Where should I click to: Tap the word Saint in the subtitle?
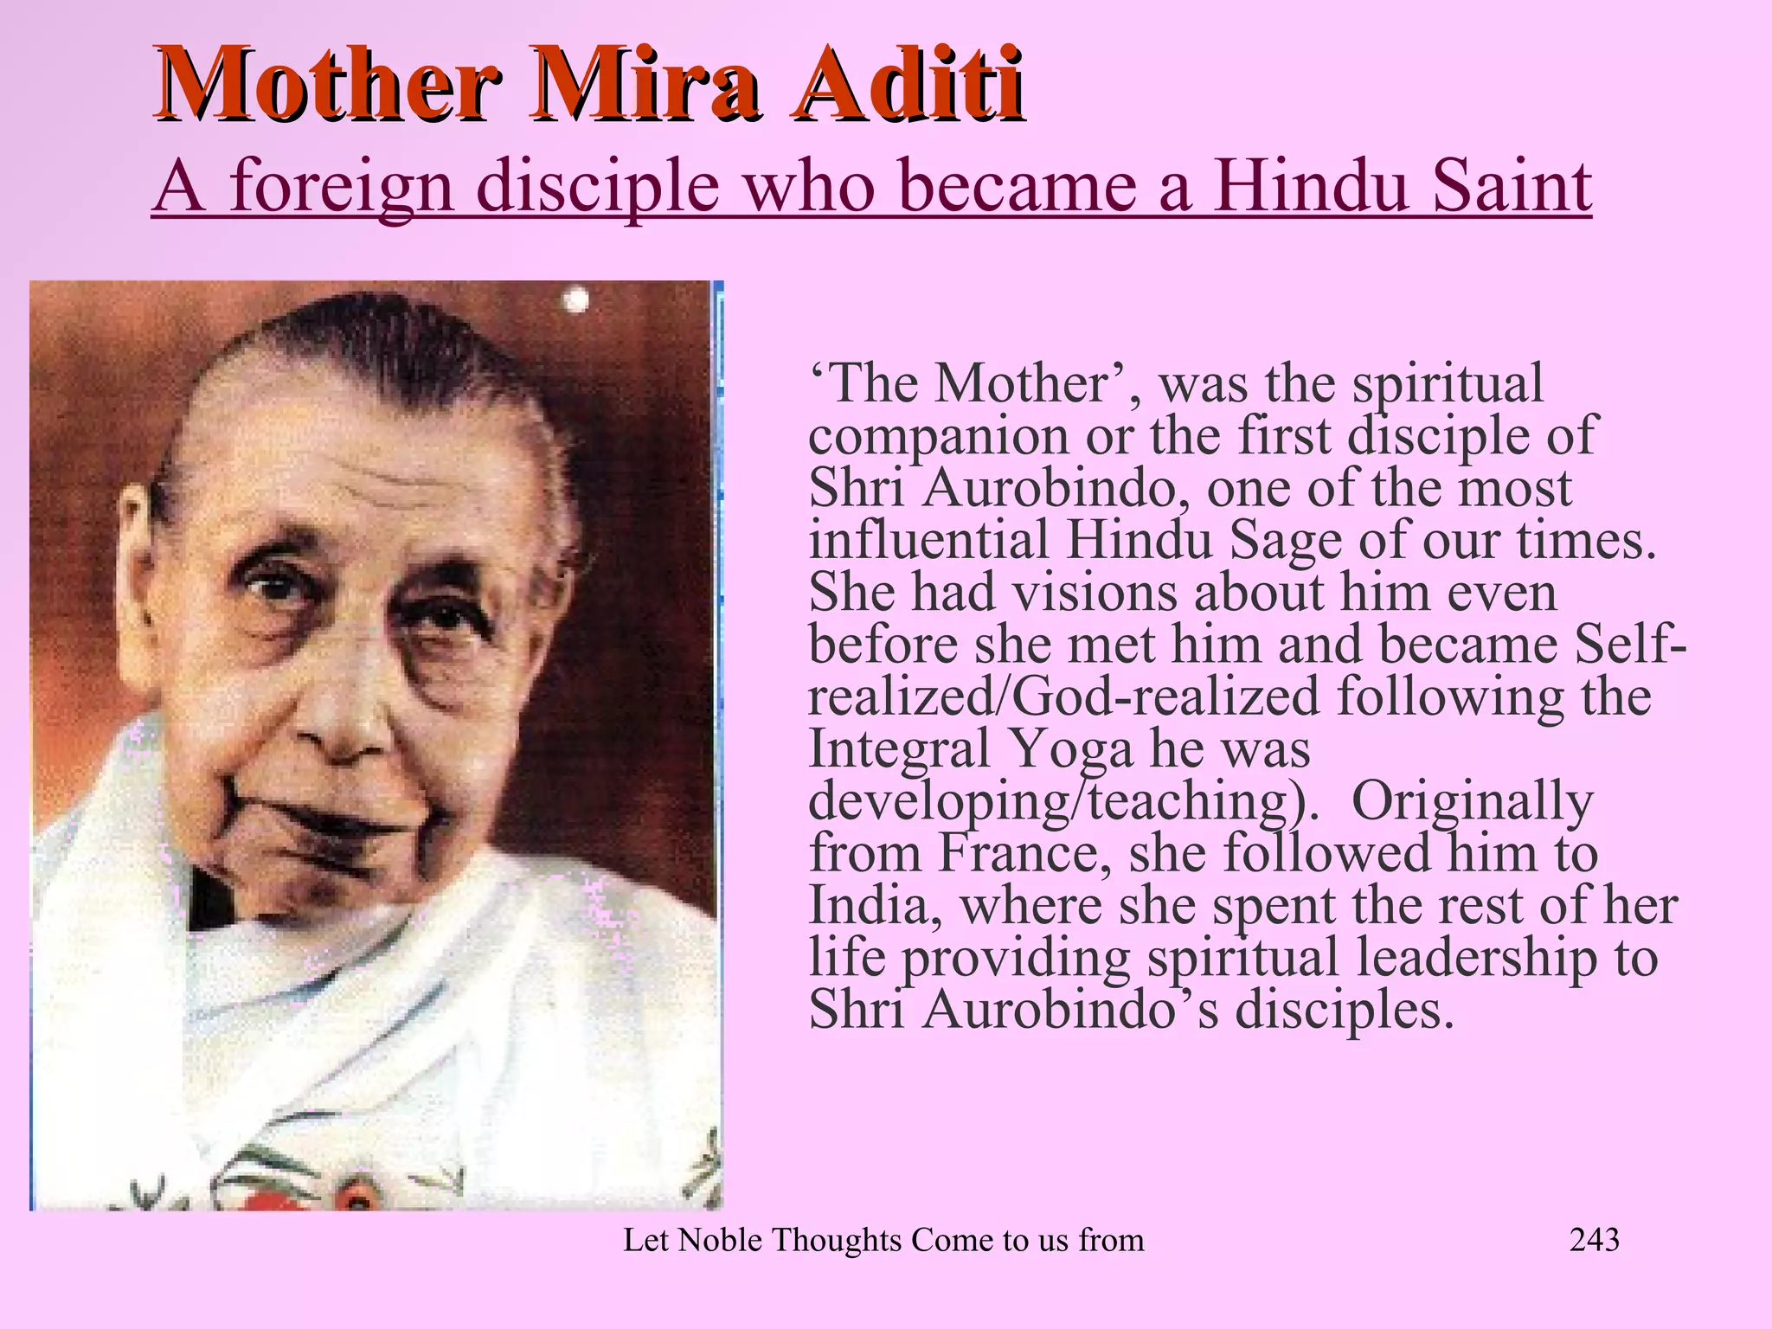(x=1512, y=186)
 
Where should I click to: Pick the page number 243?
(x=1594, y=1240)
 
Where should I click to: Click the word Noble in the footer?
(x=720, y=1240)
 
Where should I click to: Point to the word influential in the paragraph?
(x=928, y=541)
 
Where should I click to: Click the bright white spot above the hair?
(x=576, y=301)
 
